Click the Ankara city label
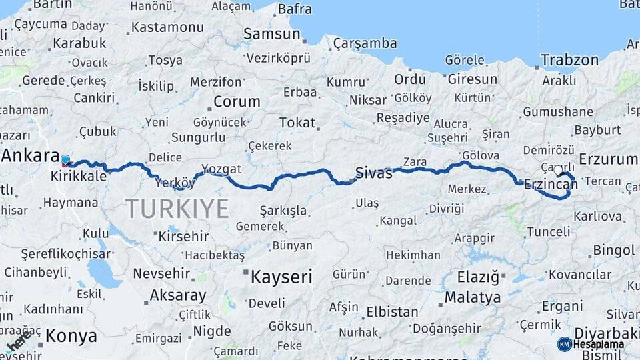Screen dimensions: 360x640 (x=31, y=156)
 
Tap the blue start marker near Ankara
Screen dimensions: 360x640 (x=65, y=159)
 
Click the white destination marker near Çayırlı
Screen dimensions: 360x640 (x=559, y=171)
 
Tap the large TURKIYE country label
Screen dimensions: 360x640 (x=177, y=209)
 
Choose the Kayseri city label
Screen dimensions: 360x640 (x=280, y=277)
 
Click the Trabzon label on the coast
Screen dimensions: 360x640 (x=569, y=60)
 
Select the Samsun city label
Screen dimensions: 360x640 (x=271, y=34)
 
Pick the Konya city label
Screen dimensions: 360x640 (x=71, y=336)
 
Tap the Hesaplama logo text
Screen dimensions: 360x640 (x=598, y=344)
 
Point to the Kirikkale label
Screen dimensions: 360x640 (x=79, y=177)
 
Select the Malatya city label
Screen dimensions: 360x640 (x=473, y=297)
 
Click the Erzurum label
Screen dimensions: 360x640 (x=608, y=159)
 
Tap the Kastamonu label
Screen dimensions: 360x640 (x=167, y=27)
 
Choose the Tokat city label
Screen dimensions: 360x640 (x=297, y=123)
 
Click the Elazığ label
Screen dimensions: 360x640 (x=478, y=276)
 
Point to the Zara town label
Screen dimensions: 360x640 (x=415, y=161)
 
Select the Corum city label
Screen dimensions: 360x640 (x=236, y=102)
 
